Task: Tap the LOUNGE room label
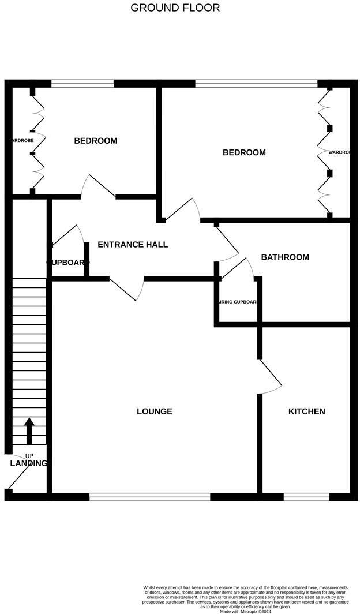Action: click(154, 411)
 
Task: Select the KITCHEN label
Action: click(306, 411)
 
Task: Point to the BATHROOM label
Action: click(285, 257)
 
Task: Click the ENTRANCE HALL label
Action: click(133, 245)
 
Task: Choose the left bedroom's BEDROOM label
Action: click(95, 141)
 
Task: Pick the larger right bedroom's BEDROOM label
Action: click(244, 153)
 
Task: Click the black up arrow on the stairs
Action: click(29, 430)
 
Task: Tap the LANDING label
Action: click(28, 463)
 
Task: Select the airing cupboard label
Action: click(237, 302)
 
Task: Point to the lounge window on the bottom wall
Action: click(149, 496)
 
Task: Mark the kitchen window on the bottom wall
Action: click(306, 496)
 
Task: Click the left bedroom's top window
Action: click(82, 84)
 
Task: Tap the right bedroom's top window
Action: click(256, 84)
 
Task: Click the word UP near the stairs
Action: click(29, 456)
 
